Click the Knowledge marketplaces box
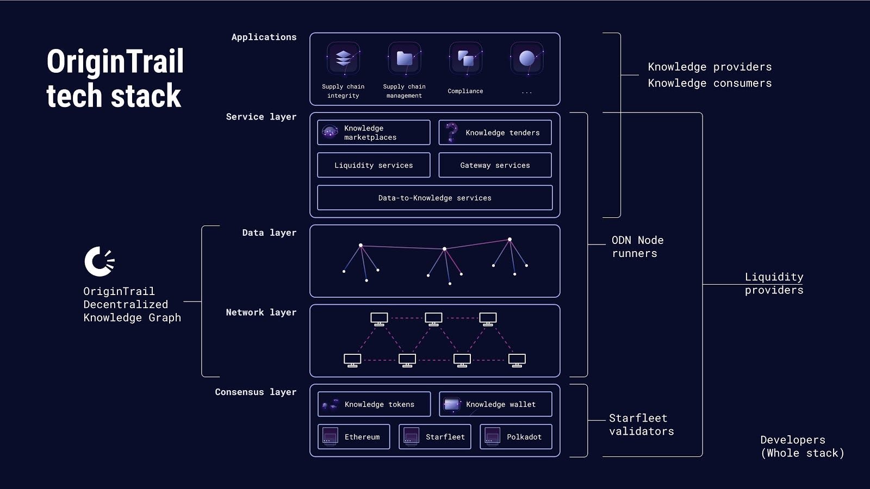pyautogui.click(x=374, y=133)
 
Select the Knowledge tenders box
pyautogui.click(x=495, y=133)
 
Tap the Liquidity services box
pyautogui.click(x=374, y=165)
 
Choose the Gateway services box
pyautogui.click(x=495, y=165)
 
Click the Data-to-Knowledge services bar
pyautogui.click(x=434, y=198)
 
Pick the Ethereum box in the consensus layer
pyautogui.click(x=353, y=437)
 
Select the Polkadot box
pyautogui.click(x=515, y=437)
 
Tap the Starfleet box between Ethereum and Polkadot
pyautogui.click(x=434, y=437)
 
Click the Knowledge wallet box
pyautogui.click(x=495, y=404)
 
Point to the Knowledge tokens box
pyautogui.click(x=374, y=404)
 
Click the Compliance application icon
pyautogui.click(x=465, y=59)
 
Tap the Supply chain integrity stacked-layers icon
pyautogui.click(x=343, y=59)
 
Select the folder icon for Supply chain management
pyautogui.click(x=405, y=59)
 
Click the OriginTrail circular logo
pyautogui.click(x=100, y=261)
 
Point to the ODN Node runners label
pyautogui.click(x=637, y=247)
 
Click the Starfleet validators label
pyautogui.click(x=641, y=424)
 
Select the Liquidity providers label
pyautogui.click(x=774, y=283)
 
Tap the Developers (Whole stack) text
pyautogui.click(x=802, y=446)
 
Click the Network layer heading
pyautogui.click(x=261, y=312)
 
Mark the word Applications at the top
pyautogui.click(x=264, y=37)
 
